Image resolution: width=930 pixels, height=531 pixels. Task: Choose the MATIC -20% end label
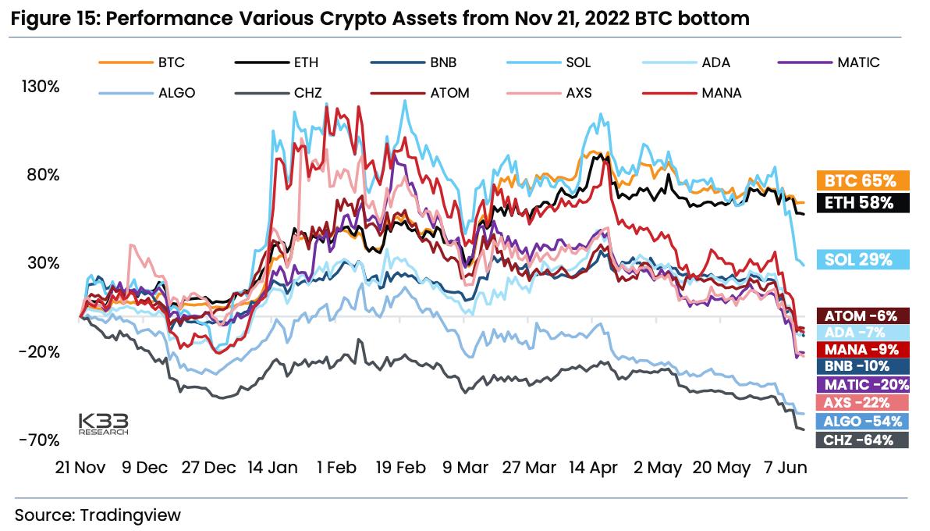pos(862,384)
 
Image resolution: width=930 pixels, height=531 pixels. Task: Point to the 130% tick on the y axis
pos(41,86)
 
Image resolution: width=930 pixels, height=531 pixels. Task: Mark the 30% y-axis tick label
pos(44,263)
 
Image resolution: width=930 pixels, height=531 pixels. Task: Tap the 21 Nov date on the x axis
pos(80,468)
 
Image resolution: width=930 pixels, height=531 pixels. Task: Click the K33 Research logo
pos(103,422)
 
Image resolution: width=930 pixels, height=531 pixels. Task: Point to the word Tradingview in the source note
pos(130,515)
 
